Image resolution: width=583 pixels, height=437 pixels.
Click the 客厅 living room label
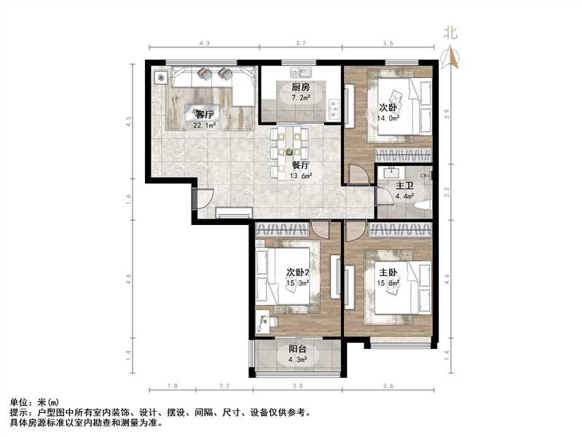pyautogui.click(x=204, y=114)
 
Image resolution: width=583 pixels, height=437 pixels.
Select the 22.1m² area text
pyautogui.click(x=204, y=125)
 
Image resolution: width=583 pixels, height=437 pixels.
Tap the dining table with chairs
pyautogui.click(x=289, y=151)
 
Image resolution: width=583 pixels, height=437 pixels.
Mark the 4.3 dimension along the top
pyautogui.click(x=203, y=44)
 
